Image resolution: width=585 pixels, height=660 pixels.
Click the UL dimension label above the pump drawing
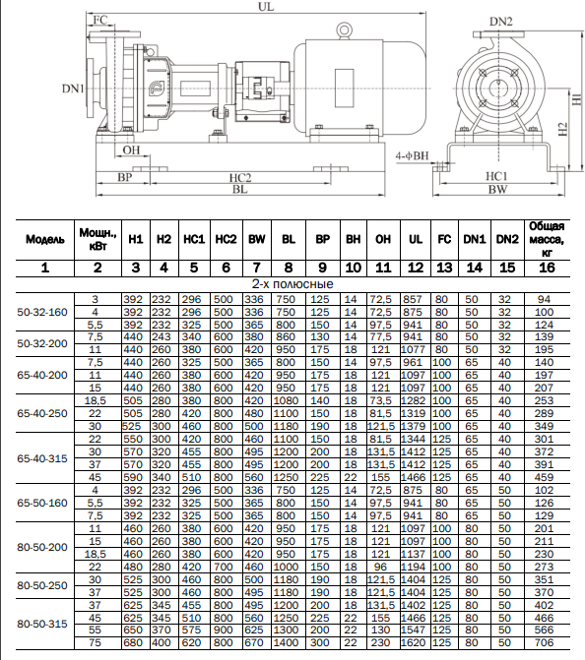click(266, 6)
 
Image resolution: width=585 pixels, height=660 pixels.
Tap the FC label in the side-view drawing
click(99, 20)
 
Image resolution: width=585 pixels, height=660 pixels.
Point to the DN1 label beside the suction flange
click(73, 89)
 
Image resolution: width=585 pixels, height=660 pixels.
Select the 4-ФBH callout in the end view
click(412, 155)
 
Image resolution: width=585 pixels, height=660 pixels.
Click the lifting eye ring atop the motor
click(345, 30)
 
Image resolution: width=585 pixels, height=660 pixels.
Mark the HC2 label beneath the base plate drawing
click(240, 178)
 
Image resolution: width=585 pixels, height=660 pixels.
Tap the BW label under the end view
click(497, 190)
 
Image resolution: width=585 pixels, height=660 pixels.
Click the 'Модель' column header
click(45, 239)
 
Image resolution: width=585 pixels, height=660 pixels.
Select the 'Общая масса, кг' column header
click(547, 239)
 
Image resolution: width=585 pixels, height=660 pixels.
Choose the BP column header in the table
click(322, 239)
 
